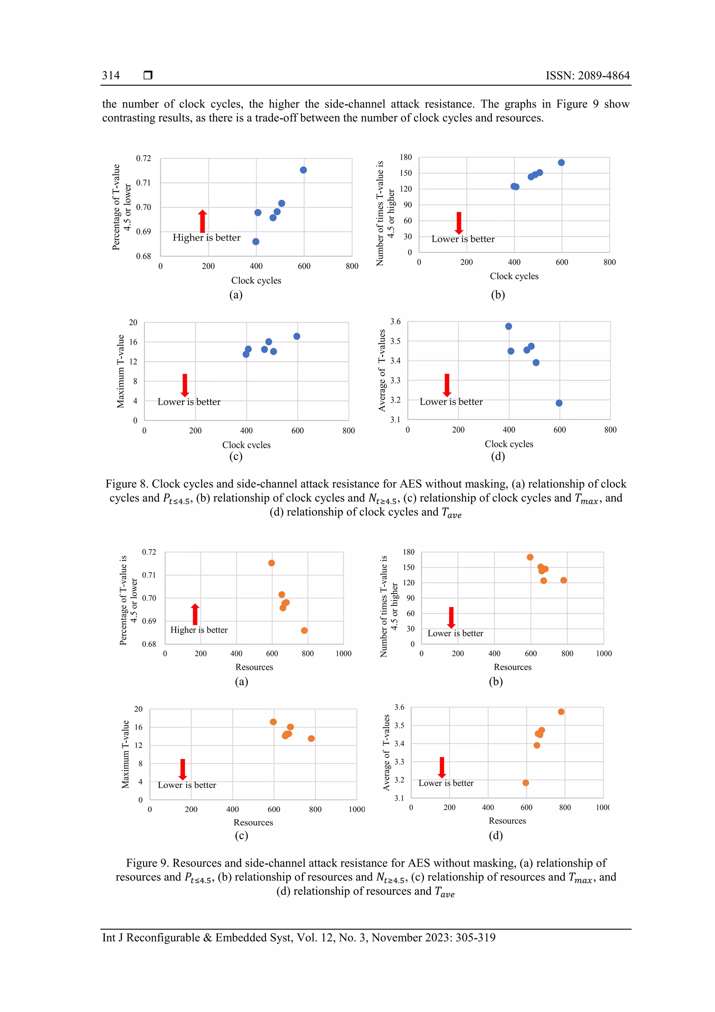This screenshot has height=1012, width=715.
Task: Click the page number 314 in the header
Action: click(111, 75)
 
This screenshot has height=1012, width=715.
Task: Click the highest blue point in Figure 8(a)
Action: click(303, 170)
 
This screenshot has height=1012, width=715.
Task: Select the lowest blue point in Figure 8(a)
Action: click(256, 241)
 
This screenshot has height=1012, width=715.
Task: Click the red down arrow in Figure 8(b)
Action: click(459, 223)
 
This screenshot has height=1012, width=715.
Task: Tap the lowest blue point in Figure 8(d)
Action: click(559, 403)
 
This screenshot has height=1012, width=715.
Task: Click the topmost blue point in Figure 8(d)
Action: click(508, 327)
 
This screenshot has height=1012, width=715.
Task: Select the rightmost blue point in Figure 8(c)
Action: click(296, 336)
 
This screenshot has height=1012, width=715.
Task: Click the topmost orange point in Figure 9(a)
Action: click(271, 563)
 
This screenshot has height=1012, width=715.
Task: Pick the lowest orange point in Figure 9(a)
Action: click(304, 630)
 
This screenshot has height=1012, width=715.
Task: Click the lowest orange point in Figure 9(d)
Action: click(525, 783)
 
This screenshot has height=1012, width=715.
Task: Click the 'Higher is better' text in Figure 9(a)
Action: click(199, 630)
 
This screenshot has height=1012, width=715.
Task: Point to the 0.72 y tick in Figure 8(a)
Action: click(143, 158)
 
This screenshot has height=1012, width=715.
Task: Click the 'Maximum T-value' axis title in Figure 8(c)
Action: click(120, 371)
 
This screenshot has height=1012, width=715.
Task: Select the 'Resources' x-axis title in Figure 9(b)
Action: click(513, 667)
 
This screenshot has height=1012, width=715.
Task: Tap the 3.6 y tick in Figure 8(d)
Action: click(395, 322)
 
